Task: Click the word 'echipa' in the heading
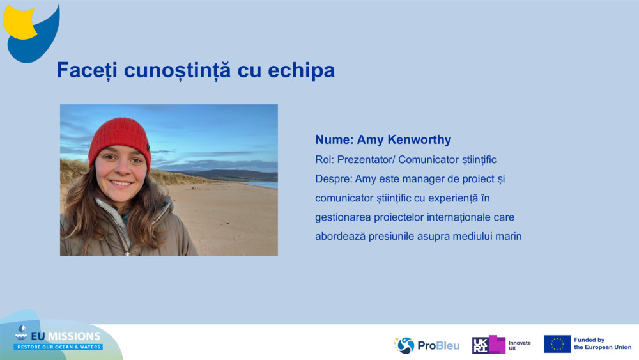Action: coord(301,70)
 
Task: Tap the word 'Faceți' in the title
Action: coord(87,70)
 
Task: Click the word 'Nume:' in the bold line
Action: coord(334,140)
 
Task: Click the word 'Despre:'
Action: coord(334,179)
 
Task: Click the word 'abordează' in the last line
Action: coord(340,236)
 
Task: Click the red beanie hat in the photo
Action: coord(119,141)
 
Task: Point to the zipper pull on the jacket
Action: coord(128,253)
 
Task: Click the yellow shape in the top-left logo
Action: coord(19,23)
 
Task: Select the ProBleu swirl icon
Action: coord(404,345)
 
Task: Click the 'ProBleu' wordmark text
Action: coord(438,346)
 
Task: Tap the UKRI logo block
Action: coord(489,345)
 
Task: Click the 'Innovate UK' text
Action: coord(520,346)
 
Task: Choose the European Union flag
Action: coord(557,344)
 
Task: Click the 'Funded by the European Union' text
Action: coord(603,343)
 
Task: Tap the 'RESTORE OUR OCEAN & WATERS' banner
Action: coord(58,347)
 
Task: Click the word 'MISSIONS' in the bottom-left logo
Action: coord(73,336)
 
